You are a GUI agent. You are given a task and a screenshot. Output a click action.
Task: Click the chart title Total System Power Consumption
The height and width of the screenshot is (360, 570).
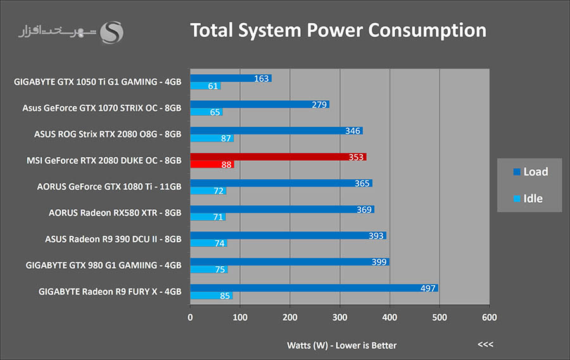[338, 30]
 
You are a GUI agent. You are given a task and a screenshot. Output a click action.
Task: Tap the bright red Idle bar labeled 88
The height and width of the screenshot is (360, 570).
[212, 165]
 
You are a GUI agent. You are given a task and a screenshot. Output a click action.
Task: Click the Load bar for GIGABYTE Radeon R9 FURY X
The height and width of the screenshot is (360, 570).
[313, 288]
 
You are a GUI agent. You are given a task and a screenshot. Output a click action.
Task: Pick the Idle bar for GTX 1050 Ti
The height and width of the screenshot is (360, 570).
[205, 86]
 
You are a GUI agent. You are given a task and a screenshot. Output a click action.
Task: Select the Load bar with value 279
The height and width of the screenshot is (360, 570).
[259, 104]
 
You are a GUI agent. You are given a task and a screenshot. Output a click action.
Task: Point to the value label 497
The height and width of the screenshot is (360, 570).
[428, 288]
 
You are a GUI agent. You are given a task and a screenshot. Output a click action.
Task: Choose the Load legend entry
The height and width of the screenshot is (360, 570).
[530, 172]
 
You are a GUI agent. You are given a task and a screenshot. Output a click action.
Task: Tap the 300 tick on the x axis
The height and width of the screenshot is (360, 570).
[339, 317]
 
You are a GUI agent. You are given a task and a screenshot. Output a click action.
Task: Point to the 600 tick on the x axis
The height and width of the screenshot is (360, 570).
[489, 317]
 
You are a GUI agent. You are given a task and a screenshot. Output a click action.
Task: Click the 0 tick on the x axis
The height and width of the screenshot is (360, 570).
[190, 317]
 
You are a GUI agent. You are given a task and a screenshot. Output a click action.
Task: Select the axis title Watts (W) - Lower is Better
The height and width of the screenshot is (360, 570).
[341, 345]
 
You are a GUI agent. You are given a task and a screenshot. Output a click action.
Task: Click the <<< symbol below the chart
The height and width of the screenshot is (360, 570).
[485, 345]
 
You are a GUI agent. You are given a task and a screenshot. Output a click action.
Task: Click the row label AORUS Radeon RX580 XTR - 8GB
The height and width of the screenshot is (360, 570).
[115, 213]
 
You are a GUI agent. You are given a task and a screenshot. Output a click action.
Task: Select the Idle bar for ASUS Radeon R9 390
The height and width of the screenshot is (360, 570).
[208, 243]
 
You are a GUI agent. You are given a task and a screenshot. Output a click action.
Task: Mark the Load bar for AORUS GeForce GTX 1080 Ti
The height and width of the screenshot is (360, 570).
[281, 183]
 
